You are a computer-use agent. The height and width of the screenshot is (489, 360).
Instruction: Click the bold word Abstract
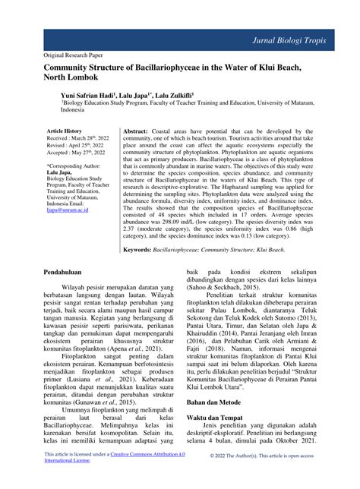(x=141, y=131)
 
